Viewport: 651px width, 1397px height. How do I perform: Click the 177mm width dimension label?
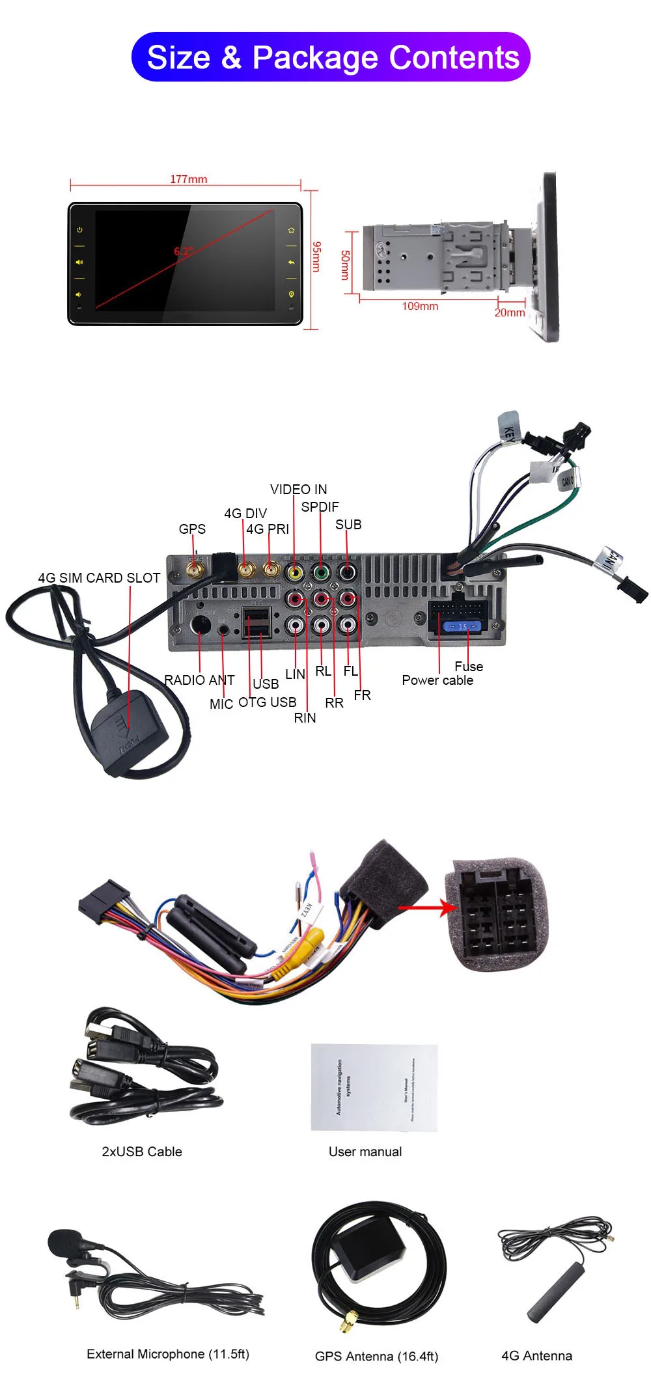tap(188, 179)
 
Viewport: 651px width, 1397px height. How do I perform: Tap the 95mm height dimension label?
tap(316, 256)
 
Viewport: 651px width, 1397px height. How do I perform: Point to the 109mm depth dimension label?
tap(420, 306)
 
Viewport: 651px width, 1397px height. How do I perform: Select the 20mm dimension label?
tap(510, 312)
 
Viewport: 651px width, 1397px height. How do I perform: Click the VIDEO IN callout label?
tap(298, 490)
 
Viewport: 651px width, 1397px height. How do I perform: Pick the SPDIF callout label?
tap(320, 507)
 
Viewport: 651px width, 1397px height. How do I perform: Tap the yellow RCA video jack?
tap(295, 573)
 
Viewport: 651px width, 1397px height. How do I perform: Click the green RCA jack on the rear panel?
tap(321, 573)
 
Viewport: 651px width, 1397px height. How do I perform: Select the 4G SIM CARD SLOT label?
tap(99, 578)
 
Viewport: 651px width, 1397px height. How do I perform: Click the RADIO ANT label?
tap(199, 680)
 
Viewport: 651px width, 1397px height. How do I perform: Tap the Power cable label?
tap(437, 680)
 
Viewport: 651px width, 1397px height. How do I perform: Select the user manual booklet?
tap(374, 1088)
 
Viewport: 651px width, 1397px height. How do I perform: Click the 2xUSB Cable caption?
tap(142, 1152)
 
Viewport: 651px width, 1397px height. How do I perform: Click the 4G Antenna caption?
tap(536, 1356)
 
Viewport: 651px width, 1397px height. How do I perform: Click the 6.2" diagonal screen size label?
tap(183, 251)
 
